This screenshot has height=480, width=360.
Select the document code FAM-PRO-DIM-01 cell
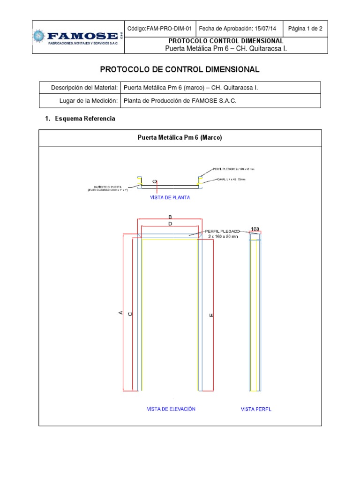point(159,29)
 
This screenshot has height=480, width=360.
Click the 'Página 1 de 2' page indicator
point(305,29)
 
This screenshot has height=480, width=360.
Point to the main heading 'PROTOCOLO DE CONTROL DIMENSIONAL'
point(180,69)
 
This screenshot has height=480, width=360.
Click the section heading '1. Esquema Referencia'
point(80,119)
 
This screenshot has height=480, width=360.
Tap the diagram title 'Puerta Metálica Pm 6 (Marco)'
point(180,138)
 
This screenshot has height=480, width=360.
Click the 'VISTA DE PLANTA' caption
point(170,198)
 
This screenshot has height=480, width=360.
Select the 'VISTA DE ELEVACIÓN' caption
point(171,409)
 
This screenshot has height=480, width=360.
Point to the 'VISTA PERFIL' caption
point(256,409)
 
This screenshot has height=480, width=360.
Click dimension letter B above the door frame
point(170,217)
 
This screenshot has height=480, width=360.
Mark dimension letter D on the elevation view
point(170,224)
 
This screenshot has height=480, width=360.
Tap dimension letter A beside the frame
point(120,313)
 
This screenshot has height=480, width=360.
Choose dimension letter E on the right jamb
point(211,315)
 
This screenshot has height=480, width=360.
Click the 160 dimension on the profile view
point(255,229)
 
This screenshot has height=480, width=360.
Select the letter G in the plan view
point(155,181)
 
